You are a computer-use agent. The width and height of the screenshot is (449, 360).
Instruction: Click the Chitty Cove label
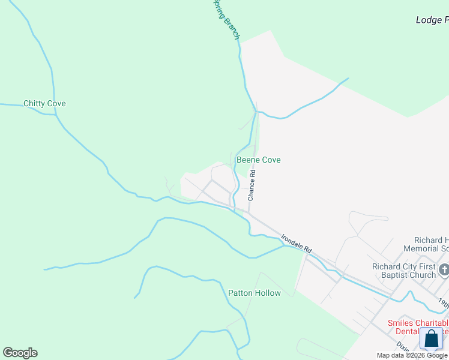44,103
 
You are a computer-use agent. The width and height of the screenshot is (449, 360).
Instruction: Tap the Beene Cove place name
258,160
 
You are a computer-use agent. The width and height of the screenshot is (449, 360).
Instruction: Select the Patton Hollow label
254,293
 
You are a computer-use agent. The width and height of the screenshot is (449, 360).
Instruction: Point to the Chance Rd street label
252,185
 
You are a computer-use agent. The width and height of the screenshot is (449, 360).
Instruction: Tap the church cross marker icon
444,269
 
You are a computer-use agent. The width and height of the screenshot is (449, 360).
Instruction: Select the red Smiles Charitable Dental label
417,326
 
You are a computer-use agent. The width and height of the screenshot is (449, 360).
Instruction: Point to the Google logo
20,353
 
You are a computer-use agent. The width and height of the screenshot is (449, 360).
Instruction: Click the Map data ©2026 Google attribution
412,355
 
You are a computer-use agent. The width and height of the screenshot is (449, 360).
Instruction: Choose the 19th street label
442,303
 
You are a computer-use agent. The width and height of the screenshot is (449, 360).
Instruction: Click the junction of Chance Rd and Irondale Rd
248,211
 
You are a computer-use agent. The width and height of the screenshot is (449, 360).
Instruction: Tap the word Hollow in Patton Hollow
268,293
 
